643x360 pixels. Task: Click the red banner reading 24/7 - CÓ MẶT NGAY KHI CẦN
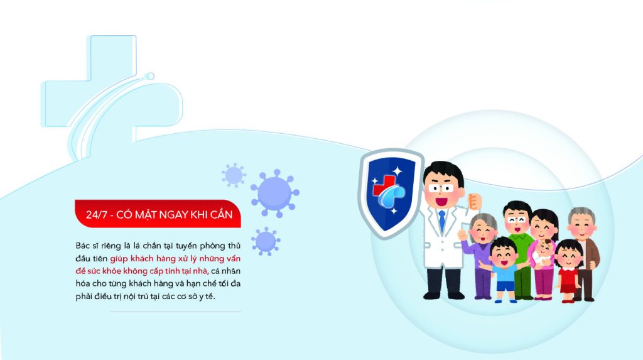pyautogui.click(x=158, y=214)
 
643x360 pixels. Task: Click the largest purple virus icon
pyautogui.click(x=275, y=193)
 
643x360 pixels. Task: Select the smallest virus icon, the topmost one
pyautogui.click(x=234, y=175)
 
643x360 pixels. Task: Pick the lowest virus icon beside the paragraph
pyautogui.click(x=266, y=241)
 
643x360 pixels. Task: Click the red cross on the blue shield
pyautogui.click(x=383, y=185)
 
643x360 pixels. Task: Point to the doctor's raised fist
pyautogui.click(x=474, y=201)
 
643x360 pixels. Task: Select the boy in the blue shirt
pyautogui.click(x=503, y=270)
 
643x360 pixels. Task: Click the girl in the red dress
pyautogui.click(x=568, y=271)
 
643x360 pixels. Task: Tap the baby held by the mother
pyautogui.click(x=543, y=253)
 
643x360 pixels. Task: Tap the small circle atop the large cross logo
pyautogui.click(x=151, y=77)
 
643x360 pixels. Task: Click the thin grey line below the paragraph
pyautogui.click(x=176, y=312)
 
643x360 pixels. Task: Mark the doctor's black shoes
pyautogui.click(x=444, y=295)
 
